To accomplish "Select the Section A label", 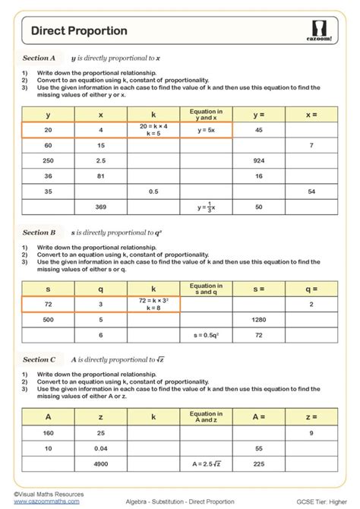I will pos(39,58).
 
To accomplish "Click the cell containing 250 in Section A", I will pos(49,160).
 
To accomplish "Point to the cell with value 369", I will pos(101,207).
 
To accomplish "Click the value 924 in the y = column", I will pos(258,160).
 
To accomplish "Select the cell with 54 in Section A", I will pos(311,191).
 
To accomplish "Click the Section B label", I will pos(39,232).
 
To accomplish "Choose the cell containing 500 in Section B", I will pos(49,320).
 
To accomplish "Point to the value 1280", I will pos(258,320).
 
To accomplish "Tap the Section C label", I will pos(39,360).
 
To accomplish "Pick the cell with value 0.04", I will pos(101,448).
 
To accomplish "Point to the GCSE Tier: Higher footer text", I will pos(318,502).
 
